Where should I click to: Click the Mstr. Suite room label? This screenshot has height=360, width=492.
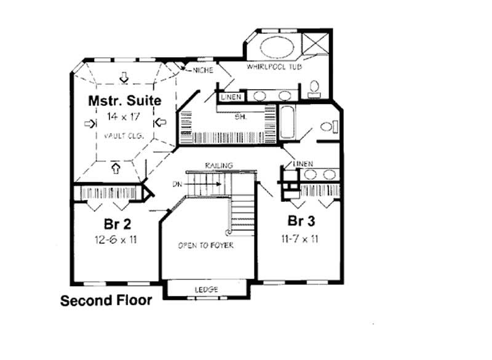125,100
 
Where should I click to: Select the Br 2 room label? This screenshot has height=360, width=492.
115,223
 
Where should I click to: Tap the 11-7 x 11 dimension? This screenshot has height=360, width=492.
301,238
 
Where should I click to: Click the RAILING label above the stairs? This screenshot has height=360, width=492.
218,166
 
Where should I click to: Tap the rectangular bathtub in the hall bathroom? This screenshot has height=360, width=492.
287,121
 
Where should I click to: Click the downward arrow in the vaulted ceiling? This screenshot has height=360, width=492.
125,78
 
